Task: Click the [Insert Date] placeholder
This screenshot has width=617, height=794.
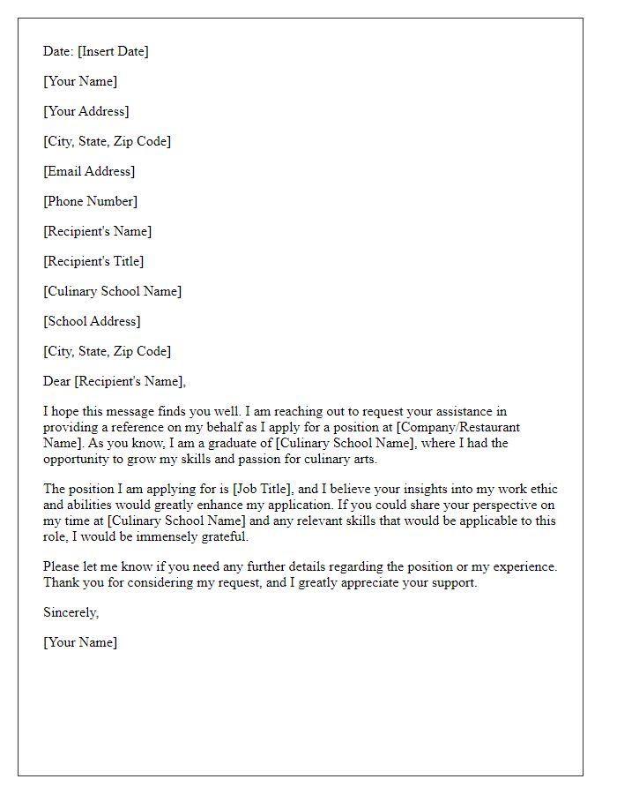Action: click(113, 51)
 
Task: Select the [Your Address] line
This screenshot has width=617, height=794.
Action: click(85, 111)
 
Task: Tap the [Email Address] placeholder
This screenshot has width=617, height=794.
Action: click(89, 171)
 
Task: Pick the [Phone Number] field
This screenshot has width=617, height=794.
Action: click(90, 201)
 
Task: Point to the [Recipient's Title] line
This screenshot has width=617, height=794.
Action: click(93, 261)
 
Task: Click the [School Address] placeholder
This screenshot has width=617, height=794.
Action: click(92, 321)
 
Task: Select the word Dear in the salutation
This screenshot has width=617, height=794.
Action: click(57, 381)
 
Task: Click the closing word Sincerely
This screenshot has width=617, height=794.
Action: click(71, 612)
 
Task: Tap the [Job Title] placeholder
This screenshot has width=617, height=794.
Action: click(264, 489)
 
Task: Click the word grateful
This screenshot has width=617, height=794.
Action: click(225, 536)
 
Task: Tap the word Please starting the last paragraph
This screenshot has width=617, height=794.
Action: click(63, 566)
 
